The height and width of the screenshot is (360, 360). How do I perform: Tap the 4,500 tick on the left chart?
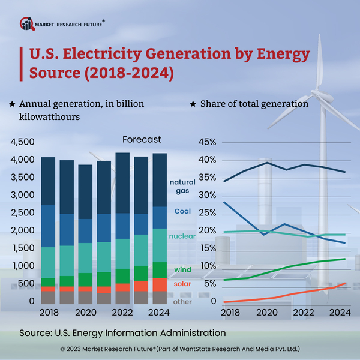pyautogui.click(x=23, y=143)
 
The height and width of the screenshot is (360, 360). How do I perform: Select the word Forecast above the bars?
pyautogui.click(x=142, y=139)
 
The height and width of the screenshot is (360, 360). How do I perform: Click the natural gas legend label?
pyautogui.click(x=182, y=186)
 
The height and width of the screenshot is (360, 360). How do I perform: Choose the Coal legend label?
pyautogui.click(x=183, y=211)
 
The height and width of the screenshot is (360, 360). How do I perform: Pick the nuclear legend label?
pyautogui.click(x=181, y=236)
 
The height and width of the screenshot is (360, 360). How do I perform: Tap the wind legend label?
pyautogui.click(x=183, y=270)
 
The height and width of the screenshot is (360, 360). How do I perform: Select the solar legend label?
pyautogui.click(x=183, y=284)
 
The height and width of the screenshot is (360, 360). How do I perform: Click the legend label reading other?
pyautogui.click(x=183, y=301)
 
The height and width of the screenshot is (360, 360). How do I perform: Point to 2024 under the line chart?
pyautogui.click(x=340, y=312)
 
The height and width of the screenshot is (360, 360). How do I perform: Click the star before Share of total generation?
pyautogui.click(x=193, y=104)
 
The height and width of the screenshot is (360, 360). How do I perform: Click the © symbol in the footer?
pyautogui.click(x=62, y=349)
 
